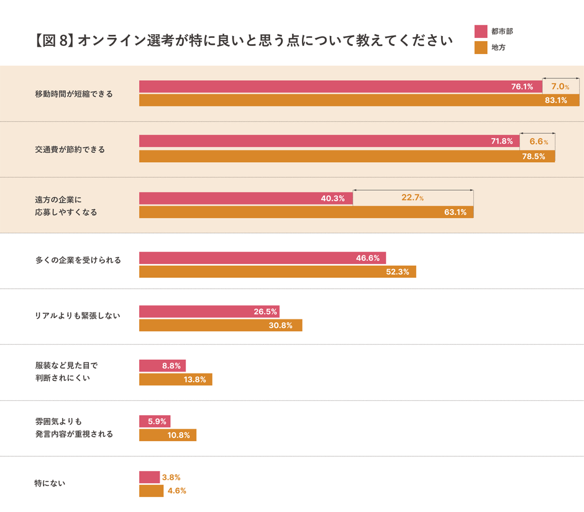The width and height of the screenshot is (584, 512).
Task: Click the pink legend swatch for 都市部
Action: [x=480, y=32]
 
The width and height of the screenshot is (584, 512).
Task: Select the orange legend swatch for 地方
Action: [x=480, y=48]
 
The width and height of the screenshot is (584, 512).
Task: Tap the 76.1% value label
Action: [x=522, y=87]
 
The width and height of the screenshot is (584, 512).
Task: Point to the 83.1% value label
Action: [x=556, y=101]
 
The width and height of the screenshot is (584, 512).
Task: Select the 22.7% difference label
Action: [x=413, y=198]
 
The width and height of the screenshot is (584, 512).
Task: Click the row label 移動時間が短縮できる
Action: [x=74, y=94]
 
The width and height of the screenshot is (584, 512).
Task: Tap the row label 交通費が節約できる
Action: [x=70, y=150]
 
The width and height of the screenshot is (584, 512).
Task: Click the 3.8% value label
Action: [x=171, y=477]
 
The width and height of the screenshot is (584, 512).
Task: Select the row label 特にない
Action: [x=50, y=483]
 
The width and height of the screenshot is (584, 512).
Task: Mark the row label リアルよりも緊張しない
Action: [x=78, y=316]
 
